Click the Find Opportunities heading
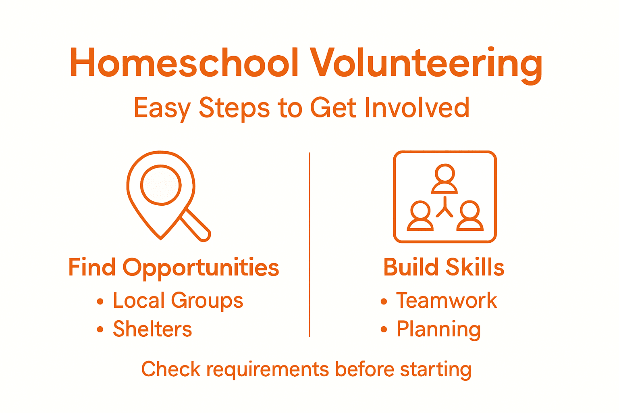click(173, 268)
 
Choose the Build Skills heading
click(444, 267)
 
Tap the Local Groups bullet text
click(178, 301)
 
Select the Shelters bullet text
click(152, 329)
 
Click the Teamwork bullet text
click(447, 301)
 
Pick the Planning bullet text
click(438, 330)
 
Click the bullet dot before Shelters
click(100, 330)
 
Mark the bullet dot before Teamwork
click(384, 301)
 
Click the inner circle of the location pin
click(161, 185)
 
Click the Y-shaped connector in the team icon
click(445, 208)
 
